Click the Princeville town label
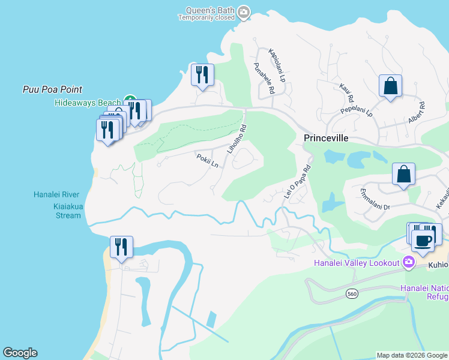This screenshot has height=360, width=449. point(327,137)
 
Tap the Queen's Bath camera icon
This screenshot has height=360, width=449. point(243,11)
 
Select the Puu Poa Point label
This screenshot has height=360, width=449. point(52,89)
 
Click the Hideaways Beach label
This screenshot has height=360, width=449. point(88,103)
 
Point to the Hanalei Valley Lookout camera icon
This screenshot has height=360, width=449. point(409,262)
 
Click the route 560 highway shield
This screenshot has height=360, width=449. point(352,293)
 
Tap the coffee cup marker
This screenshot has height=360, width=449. point(424,241)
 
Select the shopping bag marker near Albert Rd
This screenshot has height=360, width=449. point(390,86)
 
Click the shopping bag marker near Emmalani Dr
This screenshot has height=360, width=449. point(404,174)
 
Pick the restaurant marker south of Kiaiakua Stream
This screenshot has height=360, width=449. point(121,247)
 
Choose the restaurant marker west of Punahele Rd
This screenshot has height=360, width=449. point(202,75)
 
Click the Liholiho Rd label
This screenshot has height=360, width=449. point(237,139)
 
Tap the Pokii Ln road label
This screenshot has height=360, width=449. point(207,161)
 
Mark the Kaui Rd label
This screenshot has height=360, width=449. point(346,92)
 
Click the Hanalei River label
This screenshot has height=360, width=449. point(61,194)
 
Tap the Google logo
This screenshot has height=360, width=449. point(20,353)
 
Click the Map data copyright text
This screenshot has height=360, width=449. point(411,355)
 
